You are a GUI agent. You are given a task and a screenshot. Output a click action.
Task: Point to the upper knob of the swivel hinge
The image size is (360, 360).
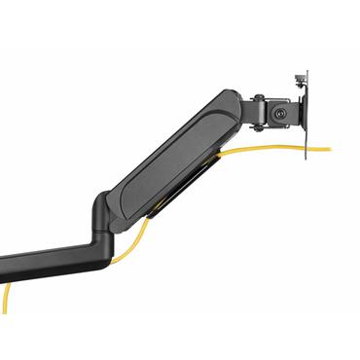[x=260, y=97]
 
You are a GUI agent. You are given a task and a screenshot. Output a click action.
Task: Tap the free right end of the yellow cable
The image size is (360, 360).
[x=329, y=149]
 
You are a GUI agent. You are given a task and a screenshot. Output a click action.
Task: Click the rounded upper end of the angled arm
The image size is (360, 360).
[x=230, y=102]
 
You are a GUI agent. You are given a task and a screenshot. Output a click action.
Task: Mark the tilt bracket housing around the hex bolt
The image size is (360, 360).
[x=282, y=111]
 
